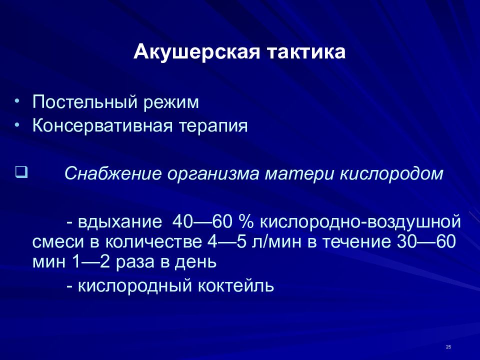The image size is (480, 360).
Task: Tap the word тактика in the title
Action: pos(306,51)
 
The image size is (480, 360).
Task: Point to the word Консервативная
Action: pos(102,125)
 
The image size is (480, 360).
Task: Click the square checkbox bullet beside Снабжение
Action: pos(21,172)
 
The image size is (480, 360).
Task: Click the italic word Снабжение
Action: pos(112,173)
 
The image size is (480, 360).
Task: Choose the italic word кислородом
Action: pos(391,174)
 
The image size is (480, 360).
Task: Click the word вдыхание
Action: pos(120,221)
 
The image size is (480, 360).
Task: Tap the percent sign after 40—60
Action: pos(246,221)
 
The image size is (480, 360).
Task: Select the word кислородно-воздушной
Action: pos(360,221)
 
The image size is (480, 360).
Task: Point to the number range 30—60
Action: pos(426,241)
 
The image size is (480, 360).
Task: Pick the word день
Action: pos(195,262)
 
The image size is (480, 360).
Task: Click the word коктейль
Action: pos(235,286)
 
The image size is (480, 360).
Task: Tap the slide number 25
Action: pos(448,347)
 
